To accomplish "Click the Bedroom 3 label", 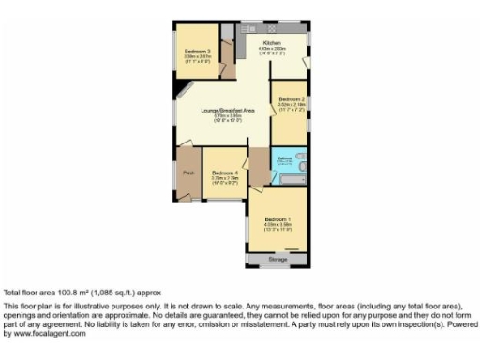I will point(196,51).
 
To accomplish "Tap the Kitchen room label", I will point(272,43).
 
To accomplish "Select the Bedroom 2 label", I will point(292,98).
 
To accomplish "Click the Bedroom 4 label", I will point(225,172).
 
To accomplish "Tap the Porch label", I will point(188,173).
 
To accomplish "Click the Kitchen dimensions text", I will point(272,52).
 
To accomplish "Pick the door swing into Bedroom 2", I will point(277,87).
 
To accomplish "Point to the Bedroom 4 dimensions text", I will point(225,180).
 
